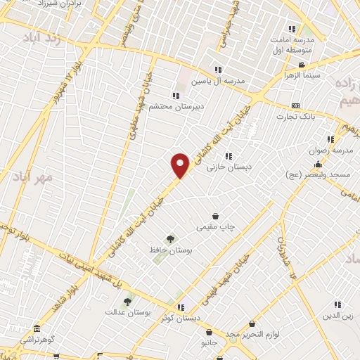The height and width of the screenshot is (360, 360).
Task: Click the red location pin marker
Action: coord(181,165)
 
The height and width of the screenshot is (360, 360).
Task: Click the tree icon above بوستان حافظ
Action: coord(169,239)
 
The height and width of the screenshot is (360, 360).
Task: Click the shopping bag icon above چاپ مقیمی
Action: coord(215,216)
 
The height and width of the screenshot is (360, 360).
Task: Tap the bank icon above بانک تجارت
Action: coord(295,105)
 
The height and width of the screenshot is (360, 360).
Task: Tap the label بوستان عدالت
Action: coord(125,311)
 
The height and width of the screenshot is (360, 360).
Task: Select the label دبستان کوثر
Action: coord(181,317)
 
